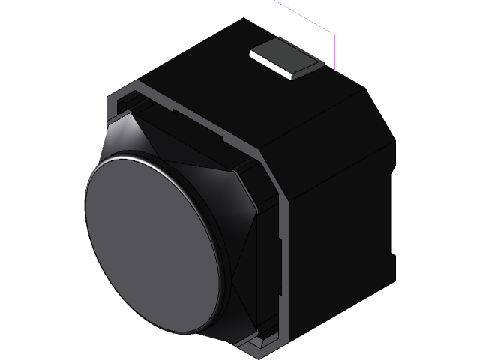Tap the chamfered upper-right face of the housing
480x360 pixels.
pos(375,112)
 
